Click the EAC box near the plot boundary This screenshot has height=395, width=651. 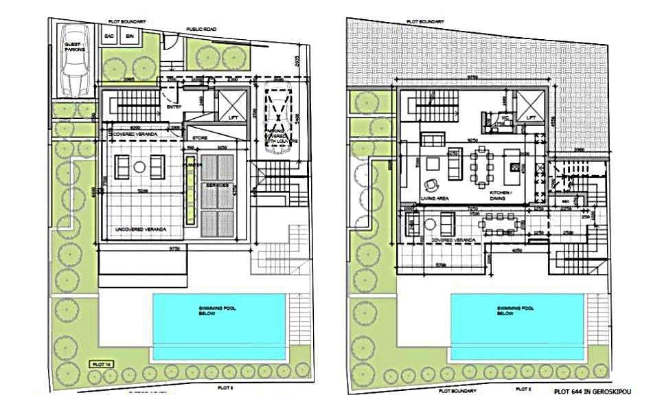pyautogui.click(x=109, y=36)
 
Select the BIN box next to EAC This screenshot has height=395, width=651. pyautogui.click(x=129, y=36)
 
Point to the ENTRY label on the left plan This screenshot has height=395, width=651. pyautogui.click(x=174, y=107)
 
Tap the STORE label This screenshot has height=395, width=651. pyautogui.click(x=200, y=137)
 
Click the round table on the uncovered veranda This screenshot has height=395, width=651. pyautogui.click(x=138, y=166)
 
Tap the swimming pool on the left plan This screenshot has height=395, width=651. pyautogui.click(x=218, y=325)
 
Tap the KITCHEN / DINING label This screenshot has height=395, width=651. pyautogui.click(x=501, y=196)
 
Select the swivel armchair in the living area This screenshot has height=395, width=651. pyautogui.click(x=432, y=183)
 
